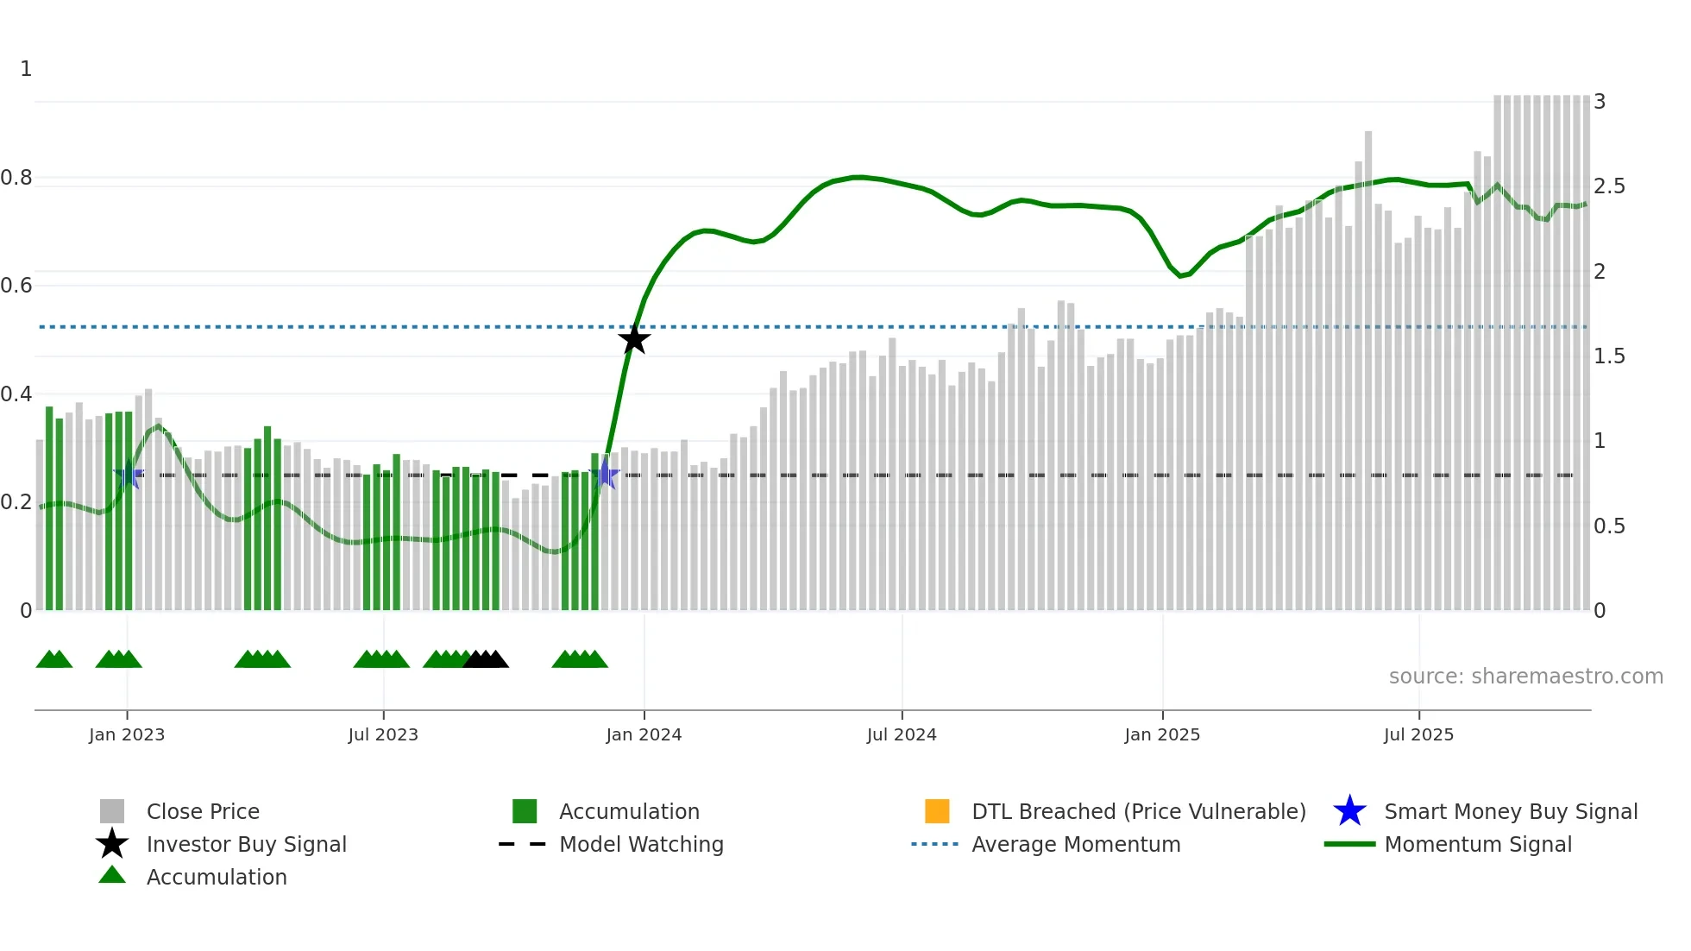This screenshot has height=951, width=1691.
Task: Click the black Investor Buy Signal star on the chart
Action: tap(634, 339)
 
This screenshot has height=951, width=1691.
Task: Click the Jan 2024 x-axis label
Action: tap(644, 734)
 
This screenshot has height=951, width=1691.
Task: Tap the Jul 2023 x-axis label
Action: tap(383, 734)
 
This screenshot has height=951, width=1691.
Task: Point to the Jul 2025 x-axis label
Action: tap(1418, 734)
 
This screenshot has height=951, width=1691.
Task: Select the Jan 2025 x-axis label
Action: tap(1162, 734)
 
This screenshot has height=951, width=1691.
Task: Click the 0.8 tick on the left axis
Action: tap(17, 178)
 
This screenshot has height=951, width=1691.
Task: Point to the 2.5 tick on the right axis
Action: tap(1609, 186)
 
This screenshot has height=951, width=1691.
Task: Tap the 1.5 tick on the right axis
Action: tap(1609, 356)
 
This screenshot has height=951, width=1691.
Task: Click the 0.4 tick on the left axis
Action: tap(17, 394)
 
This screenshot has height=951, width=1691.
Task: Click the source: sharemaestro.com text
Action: tap(1525, 677)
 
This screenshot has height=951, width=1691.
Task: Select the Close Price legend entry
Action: tap(203, 811)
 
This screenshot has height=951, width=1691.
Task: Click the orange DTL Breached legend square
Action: tap(937, 811)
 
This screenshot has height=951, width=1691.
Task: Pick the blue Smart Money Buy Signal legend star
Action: tap(1349, 811)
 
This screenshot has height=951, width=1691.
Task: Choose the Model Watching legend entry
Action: tap(640, 844)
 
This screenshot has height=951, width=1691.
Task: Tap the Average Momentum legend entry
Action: tap(1075, 844)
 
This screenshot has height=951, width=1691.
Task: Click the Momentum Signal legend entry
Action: tap(1477, 844)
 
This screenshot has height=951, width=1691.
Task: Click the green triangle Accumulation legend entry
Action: tap(216, 877)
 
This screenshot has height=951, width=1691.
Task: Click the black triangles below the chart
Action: tap(486, 660)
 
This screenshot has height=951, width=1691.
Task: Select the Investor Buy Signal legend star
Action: tap(112, 844)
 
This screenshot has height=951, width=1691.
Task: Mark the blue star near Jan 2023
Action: tap(129, 475)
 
